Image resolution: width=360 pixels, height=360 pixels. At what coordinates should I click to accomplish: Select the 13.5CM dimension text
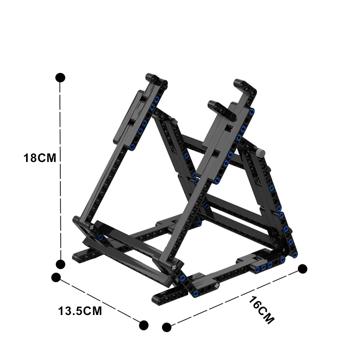pos(80,311)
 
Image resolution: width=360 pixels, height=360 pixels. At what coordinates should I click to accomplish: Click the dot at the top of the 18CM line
pos(60,77)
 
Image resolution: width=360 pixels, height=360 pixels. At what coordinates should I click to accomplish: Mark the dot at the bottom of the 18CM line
pos(60,264)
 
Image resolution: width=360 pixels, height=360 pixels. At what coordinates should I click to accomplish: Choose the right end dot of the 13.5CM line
pos(144,325)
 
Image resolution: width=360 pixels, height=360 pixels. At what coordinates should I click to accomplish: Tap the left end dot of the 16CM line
pos(167,327)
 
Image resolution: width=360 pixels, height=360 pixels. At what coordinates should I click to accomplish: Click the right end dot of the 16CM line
pos(303,269)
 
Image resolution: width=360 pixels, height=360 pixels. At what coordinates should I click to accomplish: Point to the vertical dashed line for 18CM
pos(60,202)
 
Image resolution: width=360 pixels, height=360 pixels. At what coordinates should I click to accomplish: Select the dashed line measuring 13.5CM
pos(100,301)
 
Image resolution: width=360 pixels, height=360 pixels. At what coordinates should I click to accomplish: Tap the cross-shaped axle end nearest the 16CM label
pos(215,286)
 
